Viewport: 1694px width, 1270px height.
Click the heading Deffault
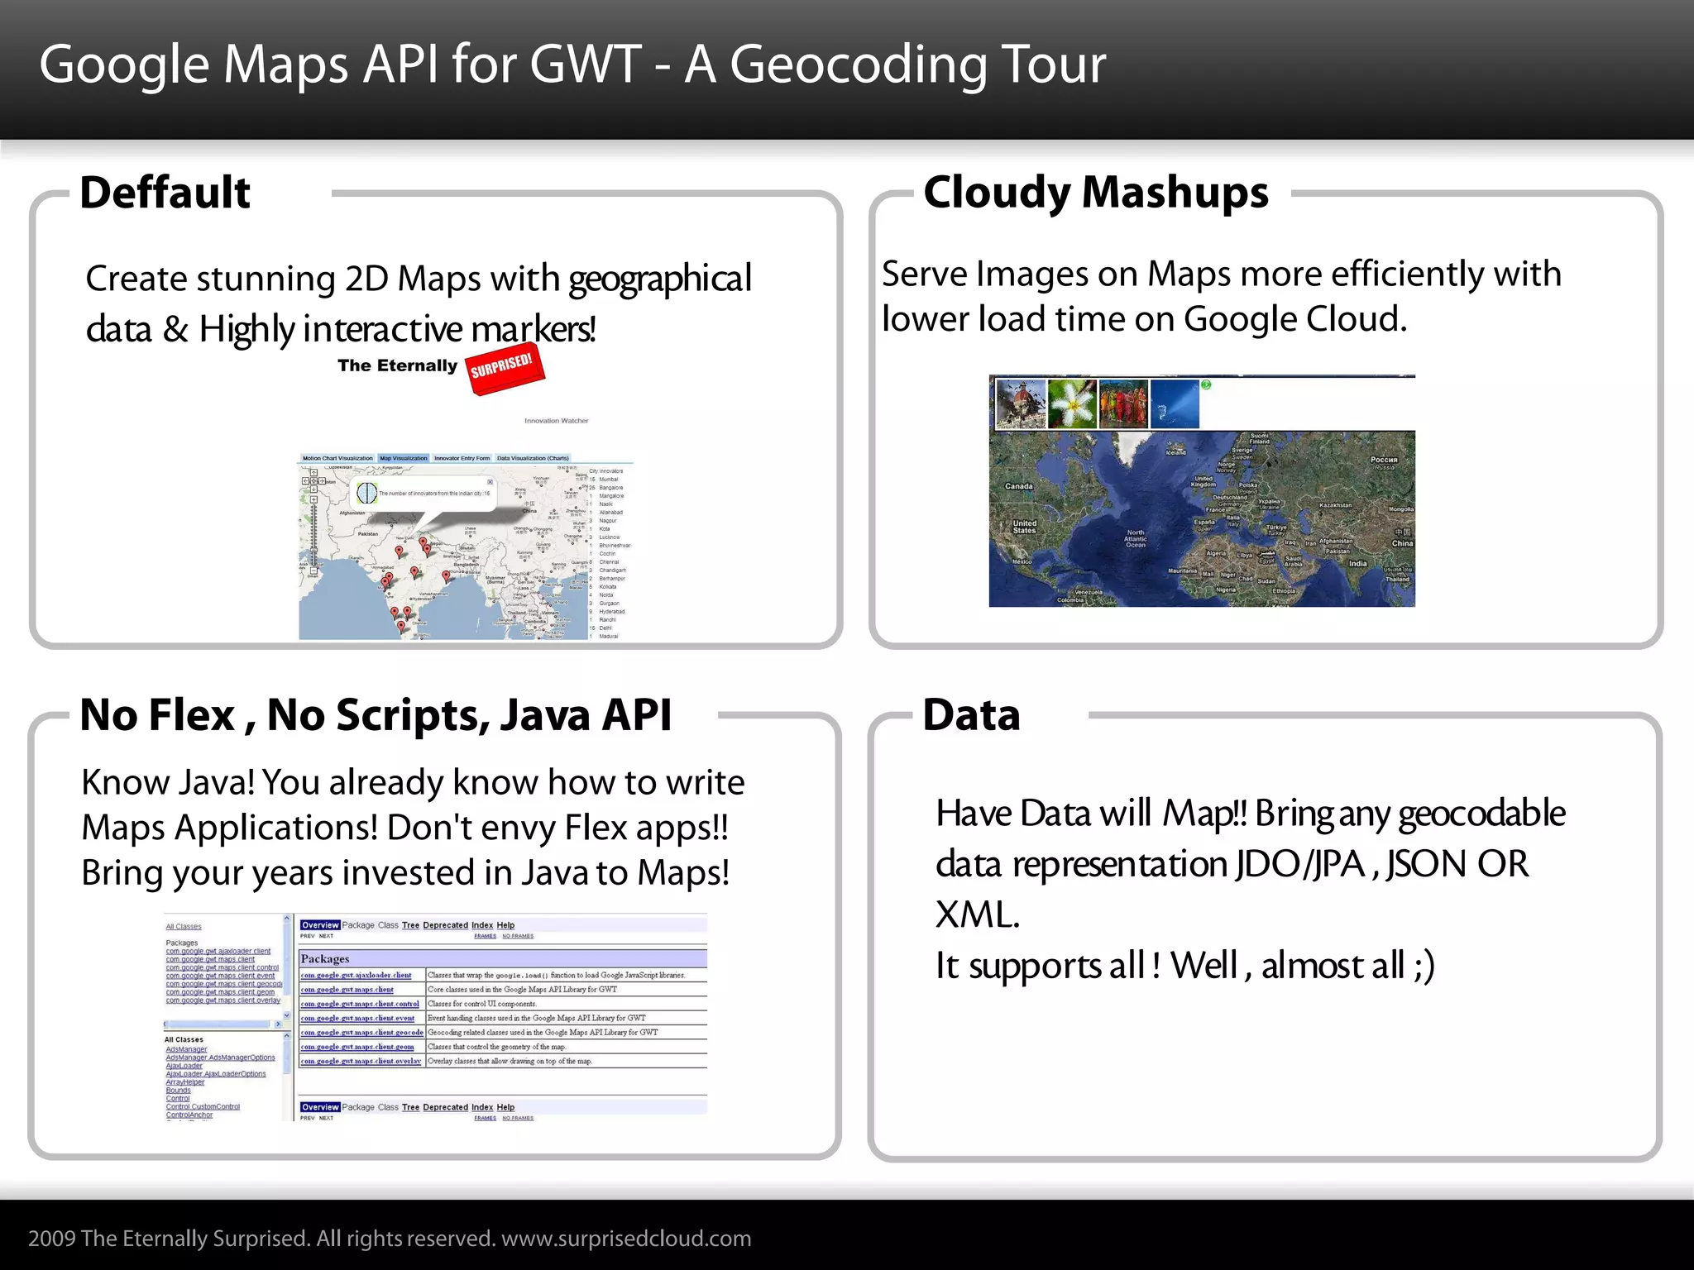tap(165, 193)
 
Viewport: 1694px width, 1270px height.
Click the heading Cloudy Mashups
tap(1095, 193)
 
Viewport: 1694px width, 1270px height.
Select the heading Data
tap(971, 715)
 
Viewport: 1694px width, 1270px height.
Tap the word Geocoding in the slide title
tap(858, 64)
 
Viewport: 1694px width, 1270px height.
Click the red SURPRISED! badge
tap(503, 368)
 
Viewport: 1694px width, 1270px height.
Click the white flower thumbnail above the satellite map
tap(1072, 404)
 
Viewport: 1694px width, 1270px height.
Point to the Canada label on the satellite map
tap(1018, 486)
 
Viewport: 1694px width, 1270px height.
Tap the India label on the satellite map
tap(1357, 563)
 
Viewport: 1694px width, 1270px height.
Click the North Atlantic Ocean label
tap(1136, 538)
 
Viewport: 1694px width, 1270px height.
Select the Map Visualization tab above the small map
tap(404, 458)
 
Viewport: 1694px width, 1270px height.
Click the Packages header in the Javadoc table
tap(325, 958)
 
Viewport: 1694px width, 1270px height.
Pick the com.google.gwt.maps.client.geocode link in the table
tap(361, 1032)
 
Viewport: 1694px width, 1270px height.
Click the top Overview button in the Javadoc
tap(320, 925)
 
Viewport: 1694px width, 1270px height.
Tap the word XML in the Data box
tap(977, 915)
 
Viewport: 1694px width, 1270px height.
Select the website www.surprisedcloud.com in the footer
tap(626, 1239)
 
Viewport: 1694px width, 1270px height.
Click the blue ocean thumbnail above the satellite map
tap(1175, 404)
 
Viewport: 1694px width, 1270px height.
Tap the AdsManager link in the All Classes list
tap(186, 1049)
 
